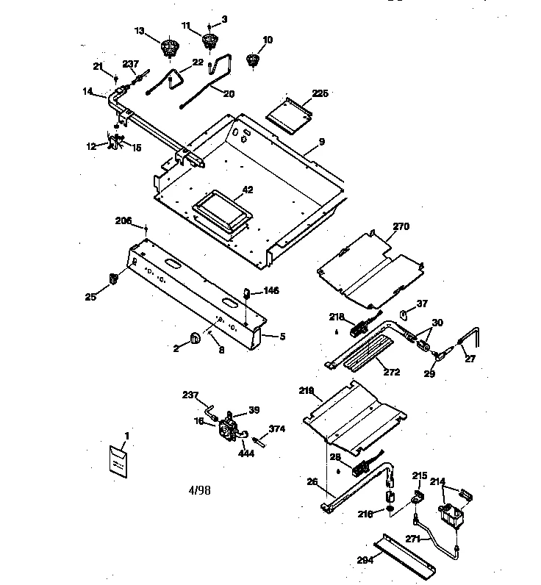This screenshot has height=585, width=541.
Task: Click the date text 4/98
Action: [x=198, y=489]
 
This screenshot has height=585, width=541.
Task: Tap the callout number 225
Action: [x=320, y=93]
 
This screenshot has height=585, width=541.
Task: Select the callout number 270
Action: [x=401, y=226]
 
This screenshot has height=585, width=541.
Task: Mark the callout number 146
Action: [x=271, y=291]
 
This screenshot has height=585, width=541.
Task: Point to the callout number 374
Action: [x=276, y=429]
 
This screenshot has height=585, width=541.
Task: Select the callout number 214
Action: [x=437, y=482]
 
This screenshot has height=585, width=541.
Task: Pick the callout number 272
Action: [x=391, y=372]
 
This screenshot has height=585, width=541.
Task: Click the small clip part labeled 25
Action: [x=114, y=278]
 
